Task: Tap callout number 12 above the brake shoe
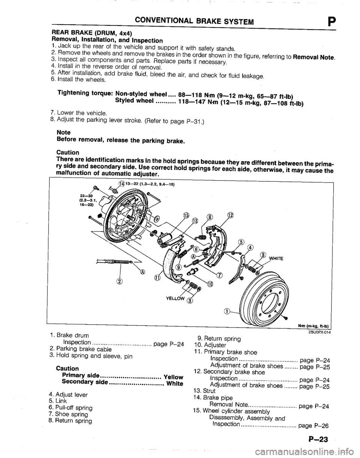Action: [231, 216]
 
